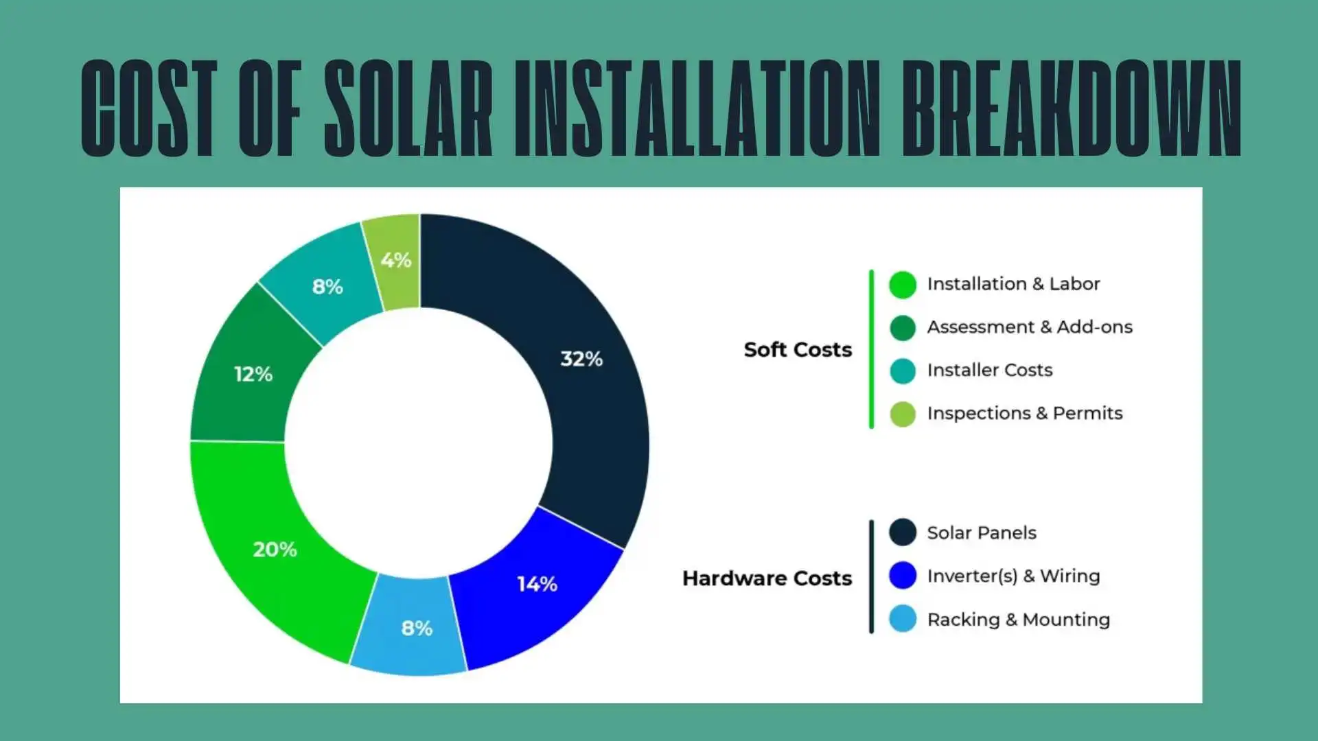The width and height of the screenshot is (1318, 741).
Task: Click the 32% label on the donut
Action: coord(581,359)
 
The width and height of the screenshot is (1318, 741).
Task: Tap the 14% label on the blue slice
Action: coord(537,584)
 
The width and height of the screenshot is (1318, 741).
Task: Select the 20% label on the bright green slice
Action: coord(275,550)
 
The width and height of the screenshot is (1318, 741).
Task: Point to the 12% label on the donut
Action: coord(253,374)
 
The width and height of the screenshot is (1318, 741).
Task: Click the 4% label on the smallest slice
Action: coord(396,260)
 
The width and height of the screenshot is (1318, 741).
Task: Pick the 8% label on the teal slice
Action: coord(327,287)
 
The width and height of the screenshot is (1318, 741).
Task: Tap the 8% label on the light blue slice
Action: coord(417,628)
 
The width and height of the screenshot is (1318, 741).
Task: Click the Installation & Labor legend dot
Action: coord(903,285)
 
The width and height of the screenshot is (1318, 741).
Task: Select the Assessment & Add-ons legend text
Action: coord(1030,327)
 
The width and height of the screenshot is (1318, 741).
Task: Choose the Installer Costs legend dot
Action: coord(903,370)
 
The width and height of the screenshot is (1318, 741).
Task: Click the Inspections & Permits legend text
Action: coord(1025,413)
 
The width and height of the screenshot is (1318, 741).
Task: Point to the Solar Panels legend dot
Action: coord(903,532)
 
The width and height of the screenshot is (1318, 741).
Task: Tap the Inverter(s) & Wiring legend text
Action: coord(1013,576)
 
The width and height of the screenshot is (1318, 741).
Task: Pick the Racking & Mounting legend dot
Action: coord(903,619)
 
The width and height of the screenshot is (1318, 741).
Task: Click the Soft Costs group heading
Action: coord(798,349)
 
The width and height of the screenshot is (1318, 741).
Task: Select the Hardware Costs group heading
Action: coord(767,578)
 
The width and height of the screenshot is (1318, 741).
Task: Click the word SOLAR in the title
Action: coord(408,108)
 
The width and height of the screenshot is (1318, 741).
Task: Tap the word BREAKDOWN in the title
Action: coord(1071,108)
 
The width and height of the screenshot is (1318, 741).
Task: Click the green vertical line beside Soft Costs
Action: coord(871,349)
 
